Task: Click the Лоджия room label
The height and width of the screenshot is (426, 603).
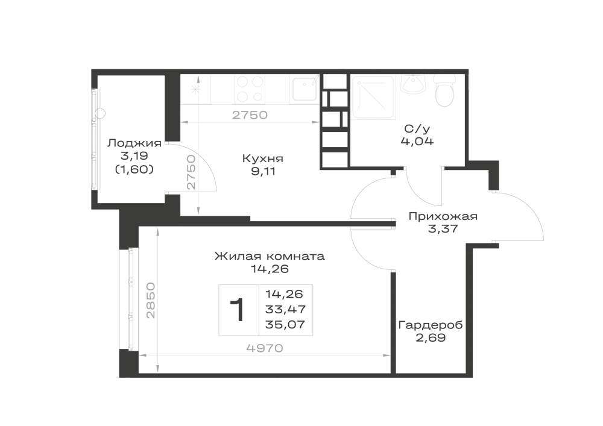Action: pyautogui.click(x=134, y=143)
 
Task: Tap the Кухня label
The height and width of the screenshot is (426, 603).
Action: pyautogui.click(x=263, y=158)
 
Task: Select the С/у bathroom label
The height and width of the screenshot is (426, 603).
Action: pyautogui.click(x=417, y=128)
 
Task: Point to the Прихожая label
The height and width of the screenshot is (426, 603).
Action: pyautogui.click(x=443, y=216)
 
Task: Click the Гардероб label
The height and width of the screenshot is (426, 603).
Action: pyautogui.click(x=431, y=325)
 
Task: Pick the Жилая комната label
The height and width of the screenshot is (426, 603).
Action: pyautogui.click(x=270, y=256)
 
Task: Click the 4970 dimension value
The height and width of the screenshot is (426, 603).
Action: pyautogui.click(x=265, y=348)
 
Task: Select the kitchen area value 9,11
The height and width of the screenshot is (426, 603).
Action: pyautogui.click(x=264, y=171)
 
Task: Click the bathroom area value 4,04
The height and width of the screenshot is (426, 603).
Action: pyautogui.click(x=417, y=142)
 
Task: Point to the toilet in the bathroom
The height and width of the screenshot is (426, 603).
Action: pyautogui.click(x=445, y=90)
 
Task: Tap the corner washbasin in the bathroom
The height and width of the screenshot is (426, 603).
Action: pyautogui.click(x=414, y=84)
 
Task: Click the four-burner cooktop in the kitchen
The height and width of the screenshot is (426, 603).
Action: pyautogui.click(x=250, y=89)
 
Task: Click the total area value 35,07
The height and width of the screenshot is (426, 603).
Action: pyautogui.click(x=285, y=325)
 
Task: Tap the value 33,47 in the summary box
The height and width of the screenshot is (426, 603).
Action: pyautogui.click(x=285, y=309)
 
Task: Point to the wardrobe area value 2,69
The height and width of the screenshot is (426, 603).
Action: pyautogui.click(x=431, y=338)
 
